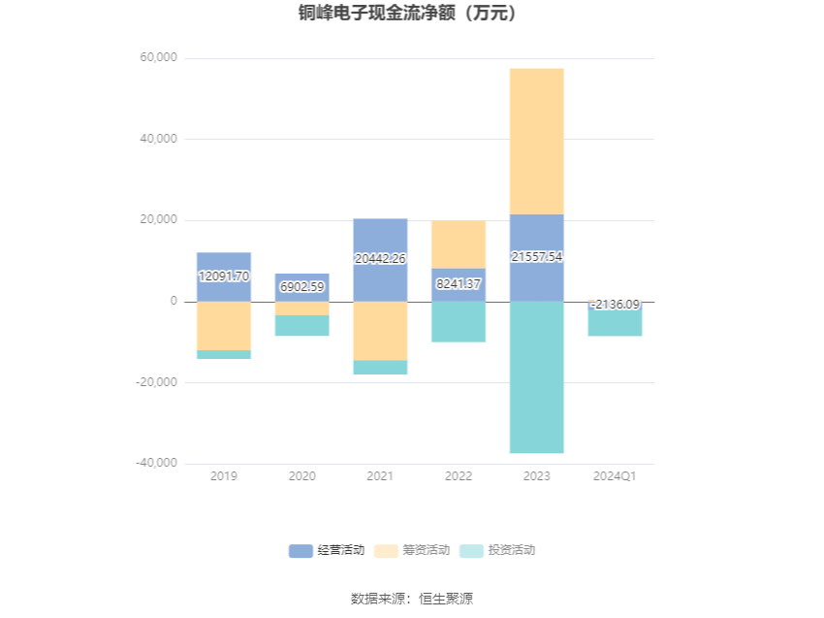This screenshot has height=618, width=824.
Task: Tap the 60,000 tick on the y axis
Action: [x=158, y=57]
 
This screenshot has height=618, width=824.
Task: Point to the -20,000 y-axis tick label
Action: [x=156, y=382]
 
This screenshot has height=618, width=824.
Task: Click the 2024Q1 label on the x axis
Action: [x=615, y=476]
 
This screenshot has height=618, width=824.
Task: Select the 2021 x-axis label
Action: [x=380, y=476]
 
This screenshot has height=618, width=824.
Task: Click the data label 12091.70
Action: [x=224, y=276]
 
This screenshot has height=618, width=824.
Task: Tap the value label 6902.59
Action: [x=302, y=286]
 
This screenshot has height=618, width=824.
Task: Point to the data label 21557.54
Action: [x=536, y=257]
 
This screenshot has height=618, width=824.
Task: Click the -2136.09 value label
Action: [x=615, y=305]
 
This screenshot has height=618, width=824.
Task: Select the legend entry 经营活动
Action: [x=327, y=550]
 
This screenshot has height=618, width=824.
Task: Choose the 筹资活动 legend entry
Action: [x=412, y=550]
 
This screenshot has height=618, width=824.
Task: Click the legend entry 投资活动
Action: [x=497, y=550]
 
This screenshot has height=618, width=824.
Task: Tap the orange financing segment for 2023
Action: [x=536, y=142]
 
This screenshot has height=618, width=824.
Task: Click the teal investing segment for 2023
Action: [x=536, y=377]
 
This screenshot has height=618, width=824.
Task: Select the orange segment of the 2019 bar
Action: [x=224, y=326]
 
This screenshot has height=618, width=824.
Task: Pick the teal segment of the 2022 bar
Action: [x=459, y=322]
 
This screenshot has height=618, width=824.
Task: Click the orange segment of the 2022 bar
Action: [x=459, y=244]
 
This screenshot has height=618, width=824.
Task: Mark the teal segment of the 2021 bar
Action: [x=380, y=367]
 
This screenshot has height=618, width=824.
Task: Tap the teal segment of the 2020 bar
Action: [x=302, y=326]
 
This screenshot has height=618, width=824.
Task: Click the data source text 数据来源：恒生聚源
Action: [x=412, y=599]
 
